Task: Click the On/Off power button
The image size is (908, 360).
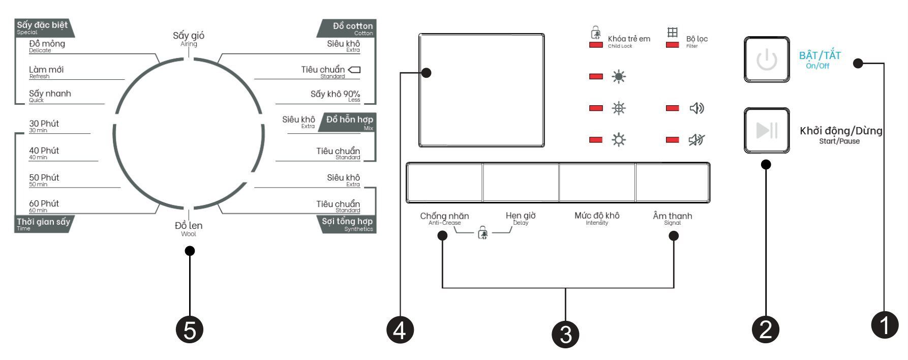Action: coord(767,59)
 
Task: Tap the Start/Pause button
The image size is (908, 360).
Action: coord(767,130)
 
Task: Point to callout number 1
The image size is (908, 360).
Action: coord(885,324)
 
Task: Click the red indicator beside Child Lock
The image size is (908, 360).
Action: coord(596,45)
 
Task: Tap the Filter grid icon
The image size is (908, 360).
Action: coord(673,33)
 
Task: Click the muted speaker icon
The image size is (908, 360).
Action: coord(696,139)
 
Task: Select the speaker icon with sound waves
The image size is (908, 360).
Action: coord(696,108)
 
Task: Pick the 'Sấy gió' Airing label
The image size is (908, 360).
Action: coord(189,37)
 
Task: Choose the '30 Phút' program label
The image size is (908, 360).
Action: coord(44,125)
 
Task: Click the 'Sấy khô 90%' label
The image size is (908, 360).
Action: coord(335,95)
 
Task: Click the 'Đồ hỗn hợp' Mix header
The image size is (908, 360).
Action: coord(349,121)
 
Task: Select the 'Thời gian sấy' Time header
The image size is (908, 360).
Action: coord(43,223)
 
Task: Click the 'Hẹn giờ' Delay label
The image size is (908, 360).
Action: coord(521,217)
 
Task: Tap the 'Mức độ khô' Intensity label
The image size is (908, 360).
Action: coord(597,217)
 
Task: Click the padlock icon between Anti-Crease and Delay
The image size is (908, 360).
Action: coord(482,233)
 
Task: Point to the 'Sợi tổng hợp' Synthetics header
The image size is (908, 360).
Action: coord(347,223)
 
